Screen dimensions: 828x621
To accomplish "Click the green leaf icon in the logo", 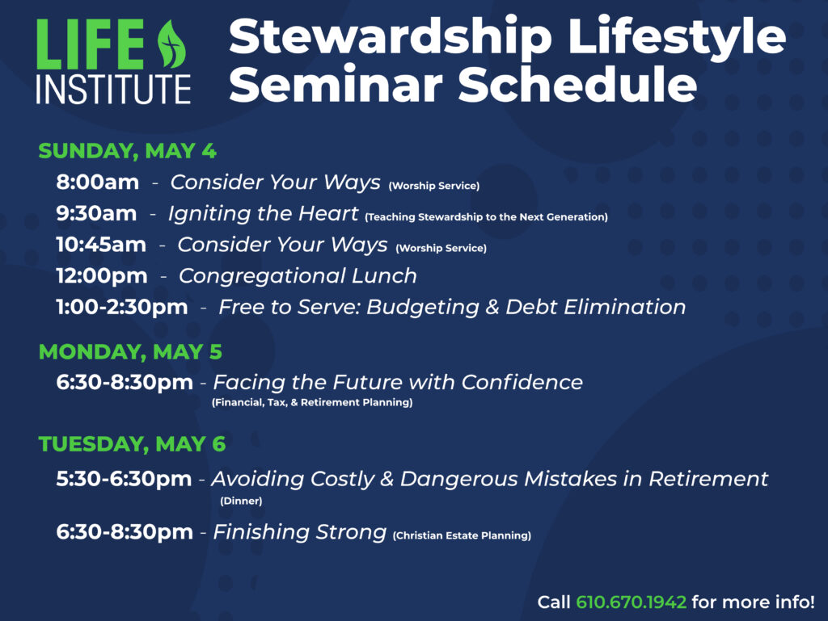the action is [171, 44].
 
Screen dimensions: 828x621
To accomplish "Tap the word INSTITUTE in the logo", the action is [113, 89].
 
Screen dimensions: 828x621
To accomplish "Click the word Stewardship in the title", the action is [391, 37].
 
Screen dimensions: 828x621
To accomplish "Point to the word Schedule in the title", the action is [577, 84].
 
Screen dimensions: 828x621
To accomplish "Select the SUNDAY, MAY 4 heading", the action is [127, 151].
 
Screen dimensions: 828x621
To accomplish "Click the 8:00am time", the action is [98, 182].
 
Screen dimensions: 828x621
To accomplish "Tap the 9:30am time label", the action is [97, 213].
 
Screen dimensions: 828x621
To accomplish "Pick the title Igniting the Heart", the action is [263, 213].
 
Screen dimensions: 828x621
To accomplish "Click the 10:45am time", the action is [101, 244].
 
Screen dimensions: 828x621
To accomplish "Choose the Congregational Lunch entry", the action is [298, 275].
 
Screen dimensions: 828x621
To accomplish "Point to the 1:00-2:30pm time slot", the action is [122, 307].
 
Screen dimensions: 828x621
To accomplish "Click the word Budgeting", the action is [422, 308].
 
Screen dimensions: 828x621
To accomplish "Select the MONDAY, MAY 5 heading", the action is [130, 351].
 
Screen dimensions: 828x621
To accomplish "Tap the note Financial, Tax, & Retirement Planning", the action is [312, 402].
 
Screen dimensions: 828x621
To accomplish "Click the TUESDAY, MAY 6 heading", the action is [132, 444].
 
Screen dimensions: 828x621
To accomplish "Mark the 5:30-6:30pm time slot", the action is [124, 479].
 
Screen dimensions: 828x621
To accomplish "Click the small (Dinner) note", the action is [241, 501].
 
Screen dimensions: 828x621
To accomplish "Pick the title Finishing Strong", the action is [299, 532].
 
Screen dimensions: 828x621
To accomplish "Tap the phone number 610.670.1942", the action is [631, 602].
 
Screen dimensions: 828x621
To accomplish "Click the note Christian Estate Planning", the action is [462, 535].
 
